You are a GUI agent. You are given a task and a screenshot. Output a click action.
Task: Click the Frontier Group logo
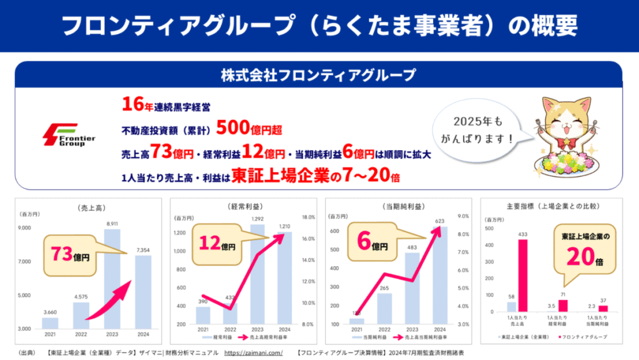click(x=68, y=135)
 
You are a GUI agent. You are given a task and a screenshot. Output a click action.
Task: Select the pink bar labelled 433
click(x=522, y=275)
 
